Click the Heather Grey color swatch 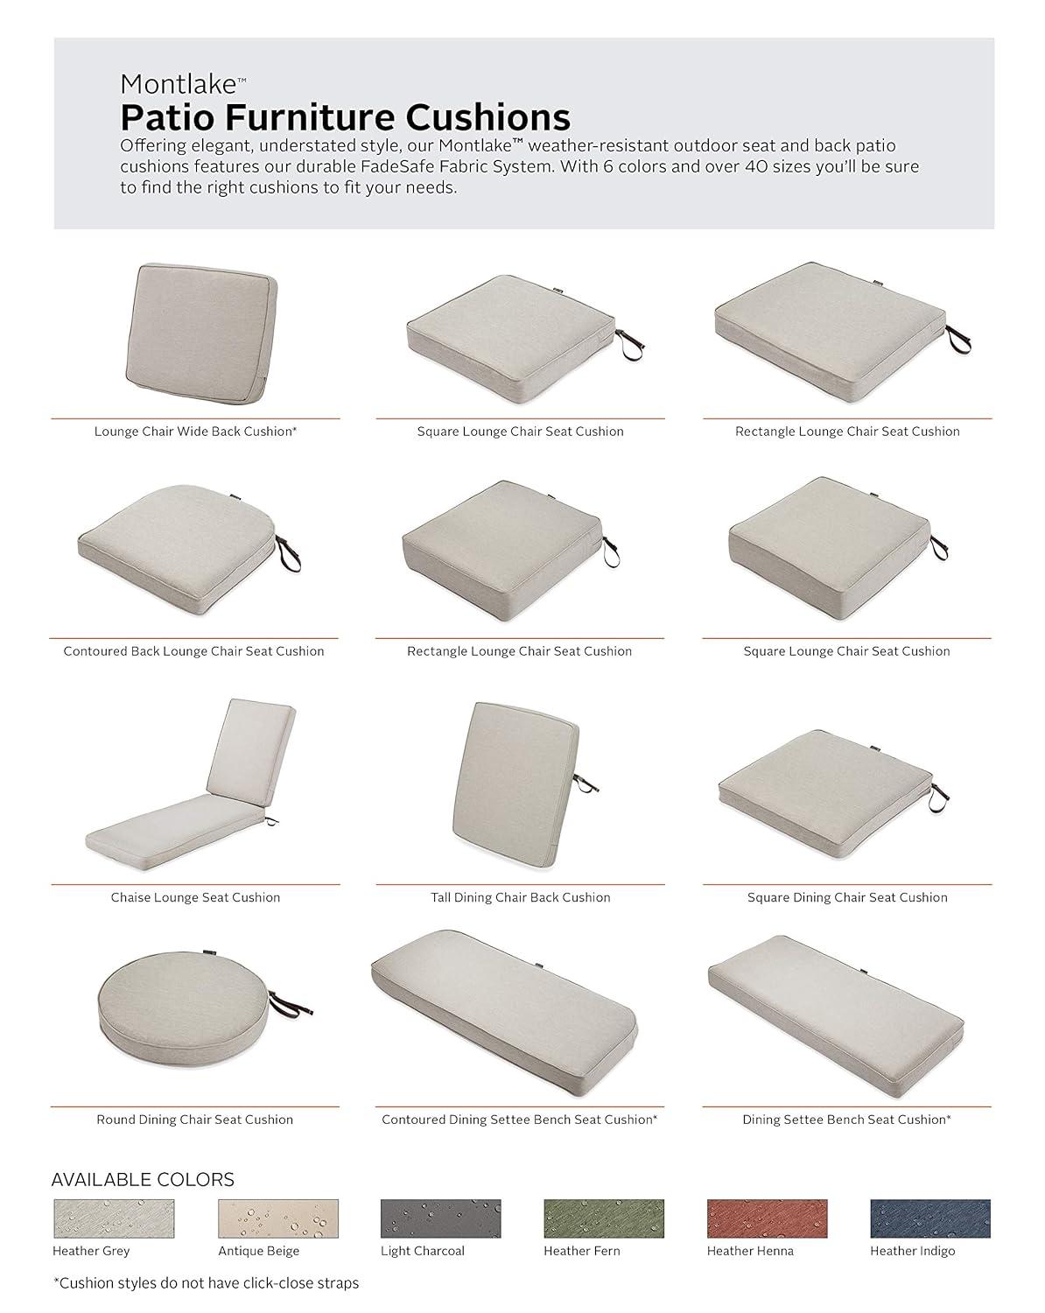pyautogui.click(x=114, y=1218)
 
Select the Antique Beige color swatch pyautogui.click(x=277, y=1218)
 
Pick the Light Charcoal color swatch pyautogui.click(x=440, y=1218)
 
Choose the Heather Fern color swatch pyautogui.click(x=603, y=1218)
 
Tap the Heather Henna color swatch pyautogui.click(x=767, y=1218)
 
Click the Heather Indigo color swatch pyautogui.click(x=929, y=1218)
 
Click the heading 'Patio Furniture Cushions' pyautogui.click(x=345, y=116)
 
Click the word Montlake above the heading pyautogui.click(x=179, y=84)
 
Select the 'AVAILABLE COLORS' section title pyautogui.click(x=143, y=1179)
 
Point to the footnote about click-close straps pyautogui.click(x=206, y=1283)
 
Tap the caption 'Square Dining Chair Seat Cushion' pyautogui.click(x=847, y=897)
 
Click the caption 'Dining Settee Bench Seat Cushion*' pyautogui.click(x=846, y=1120)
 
